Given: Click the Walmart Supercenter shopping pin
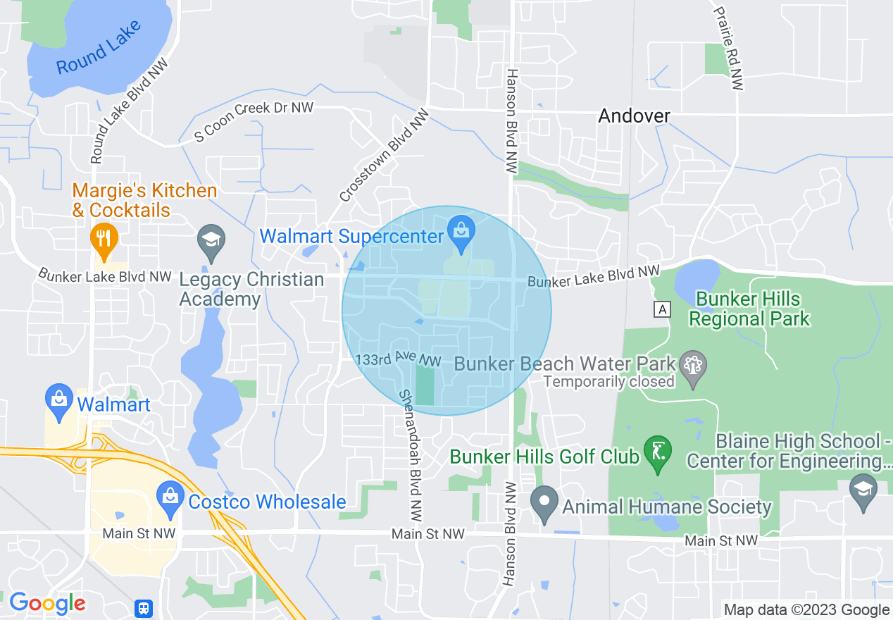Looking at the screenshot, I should point(461,232).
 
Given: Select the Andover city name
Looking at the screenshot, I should point(634,116).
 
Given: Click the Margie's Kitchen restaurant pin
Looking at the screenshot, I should point(104,237).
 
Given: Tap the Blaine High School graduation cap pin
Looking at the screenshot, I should point(863,490).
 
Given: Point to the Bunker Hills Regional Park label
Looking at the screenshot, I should point(749,309).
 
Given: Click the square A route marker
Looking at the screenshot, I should point(661,309).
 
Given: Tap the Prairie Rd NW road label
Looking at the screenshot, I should point(729,48).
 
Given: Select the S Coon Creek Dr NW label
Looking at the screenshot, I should point(254,121).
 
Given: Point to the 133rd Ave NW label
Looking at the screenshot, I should point(398,360).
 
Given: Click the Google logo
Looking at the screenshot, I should point(47,603).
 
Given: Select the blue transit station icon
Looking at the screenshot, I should point(144,608).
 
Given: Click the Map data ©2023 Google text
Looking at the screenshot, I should point(806,610).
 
